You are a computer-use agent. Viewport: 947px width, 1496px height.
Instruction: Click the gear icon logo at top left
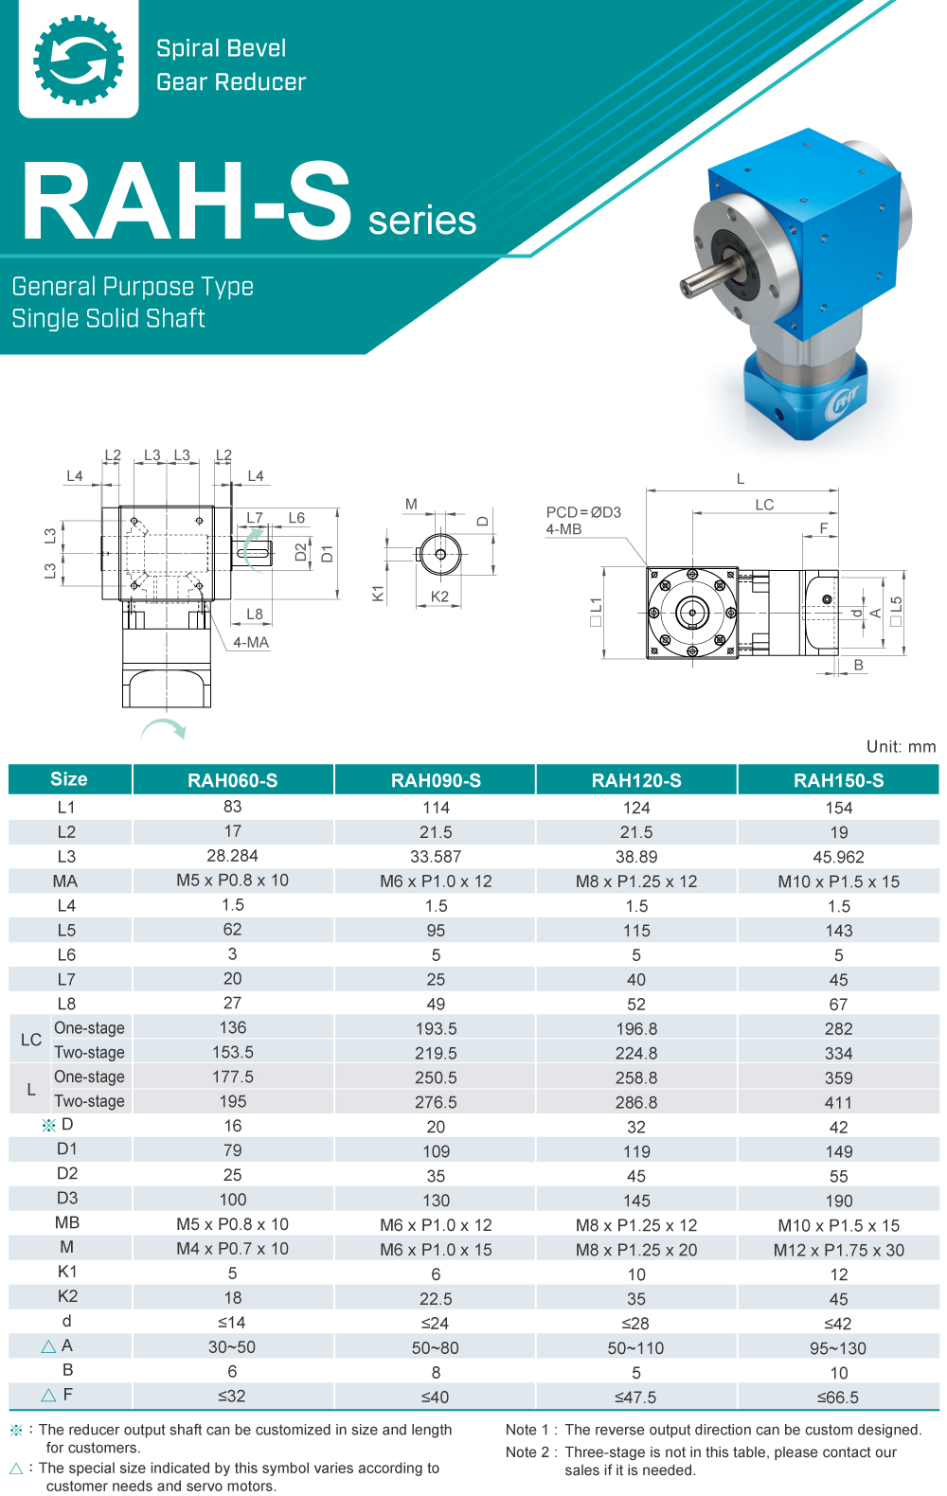click(x=79, y=60)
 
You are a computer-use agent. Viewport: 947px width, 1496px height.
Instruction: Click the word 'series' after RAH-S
click(x=421, y=221)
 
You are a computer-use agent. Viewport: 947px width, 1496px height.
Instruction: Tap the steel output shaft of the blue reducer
click(x=706, y=278)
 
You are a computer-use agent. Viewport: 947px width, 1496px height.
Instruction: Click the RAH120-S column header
click(x=636, y=780)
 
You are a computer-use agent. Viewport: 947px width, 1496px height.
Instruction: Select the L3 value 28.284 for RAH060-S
click(x=232, y=856)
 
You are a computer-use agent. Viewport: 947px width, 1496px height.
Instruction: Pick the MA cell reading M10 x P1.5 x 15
click(x=838, y=882)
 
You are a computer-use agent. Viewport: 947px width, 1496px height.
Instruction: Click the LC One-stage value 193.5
click(x=436, y=1028)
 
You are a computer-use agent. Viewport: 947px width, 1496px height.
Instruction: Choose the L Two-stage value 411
click(x=838, y=1102)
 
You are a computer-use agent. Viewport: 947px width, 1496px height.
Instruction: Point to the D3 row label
click(x=67, y=1198)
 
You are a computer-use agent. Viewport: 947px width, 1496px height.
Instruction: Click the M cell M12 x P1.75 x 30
click(x=838, y=1250)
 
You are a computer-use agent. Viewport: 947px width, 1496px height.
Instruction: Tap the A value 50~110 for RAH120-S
click(x=636, y=1347)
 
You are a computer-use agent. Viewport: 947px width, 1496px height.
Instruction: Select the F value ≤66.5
click(x=838, y=1397)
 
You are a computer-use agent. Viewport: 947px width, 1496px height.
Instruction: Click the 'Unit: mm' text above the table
click(x=901, y=746)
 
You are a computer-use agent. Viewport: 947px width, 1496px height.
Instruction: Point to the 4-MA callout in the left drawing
click(x=251, y=642)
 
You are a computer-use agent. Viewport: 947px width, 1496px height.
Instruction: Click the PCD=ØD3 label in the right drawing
click(x=583, y=512)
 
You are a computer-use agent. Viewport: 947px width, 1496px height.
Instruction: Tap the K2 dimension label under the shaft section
click(x=439, y=597)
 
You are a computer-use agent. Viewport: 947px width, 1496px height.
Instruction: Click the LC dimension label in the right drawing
click(x=764, y=505)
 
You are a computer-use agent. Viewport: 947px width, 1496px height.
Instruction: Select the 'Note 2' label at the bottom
click(x=527, y=1452)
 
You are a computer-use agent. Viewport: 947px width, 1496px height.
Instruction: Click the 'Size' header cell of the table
click(x=69, y=779)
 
